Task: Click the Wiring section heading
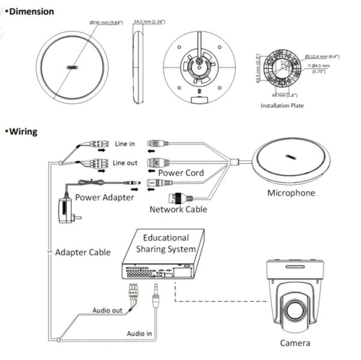pyautogui.click(x=23, y=131)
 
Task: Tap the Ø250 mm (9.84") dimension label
pyautogui.click(x=106, y=22)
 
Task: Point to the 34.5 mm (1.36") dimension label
pyautogui.click(x=150, y=22)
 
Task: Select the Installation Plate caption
pyautogui.click(x=282, y=105)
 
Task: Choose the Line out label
pyautogui.click(x=126, y=163)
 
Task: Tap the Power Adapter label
pyautogui.click(x=105, y=197)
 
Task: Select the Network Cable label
pyautogui.click(x=178, y=209)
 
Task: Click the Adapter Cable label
pyautogui.click(x=82, y=252)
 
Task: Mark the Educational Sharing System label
pyautogui.click(x=165, y=243)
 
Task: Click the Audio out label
pyautogui.click(x=108, y=311)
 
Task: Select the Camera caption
pyautogui.click(x=295, y=343)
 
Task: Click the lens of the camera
pyautogui.click(x=295, y=310)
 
